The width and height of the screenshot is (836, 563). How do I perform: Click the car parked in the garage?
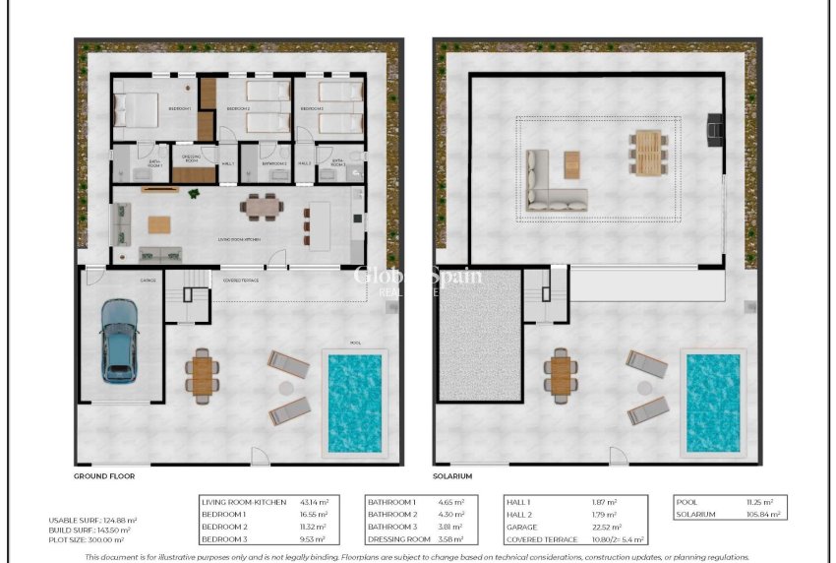pos(118,340)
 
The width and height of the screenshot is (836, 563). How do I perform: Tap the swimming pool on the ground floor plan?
pos(354,403)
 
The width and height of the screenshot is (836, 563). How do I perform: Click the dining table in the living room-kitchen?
pos(262,208)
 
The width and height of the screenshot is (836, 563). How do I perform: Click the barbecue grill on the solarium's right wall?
pos(715,126)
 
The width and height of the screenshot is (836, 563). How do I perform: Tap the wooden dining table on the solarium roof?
pos(647,153)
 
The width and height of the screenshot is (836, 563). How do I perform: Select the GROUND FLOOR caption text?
pos(104,475)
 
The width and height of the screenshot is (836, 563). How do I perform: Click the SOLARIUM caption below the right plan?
pos(452,475)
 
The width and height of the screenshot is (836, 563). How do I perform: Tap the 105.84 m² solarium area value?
pos(763,514)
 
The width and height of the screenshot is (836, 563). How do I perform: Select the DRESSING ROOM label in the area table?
pos(398,539)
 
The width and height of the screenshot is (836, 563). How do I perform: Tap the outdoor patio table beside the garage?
pos(204,374)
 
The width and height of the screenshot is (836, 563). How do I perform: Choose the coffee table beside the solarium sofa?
pos(571,163)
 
